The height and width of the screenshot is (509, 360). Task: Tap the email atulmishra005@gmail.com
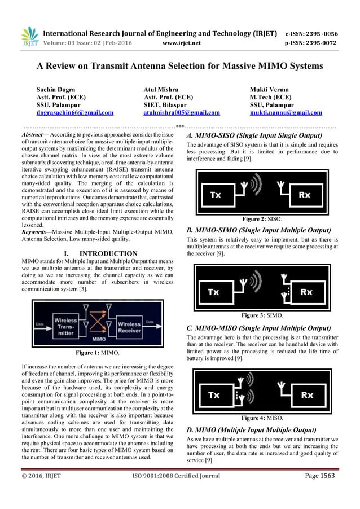point(181,112)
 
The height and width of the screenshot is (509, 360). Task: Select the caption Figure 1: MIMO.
point(98,353)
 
